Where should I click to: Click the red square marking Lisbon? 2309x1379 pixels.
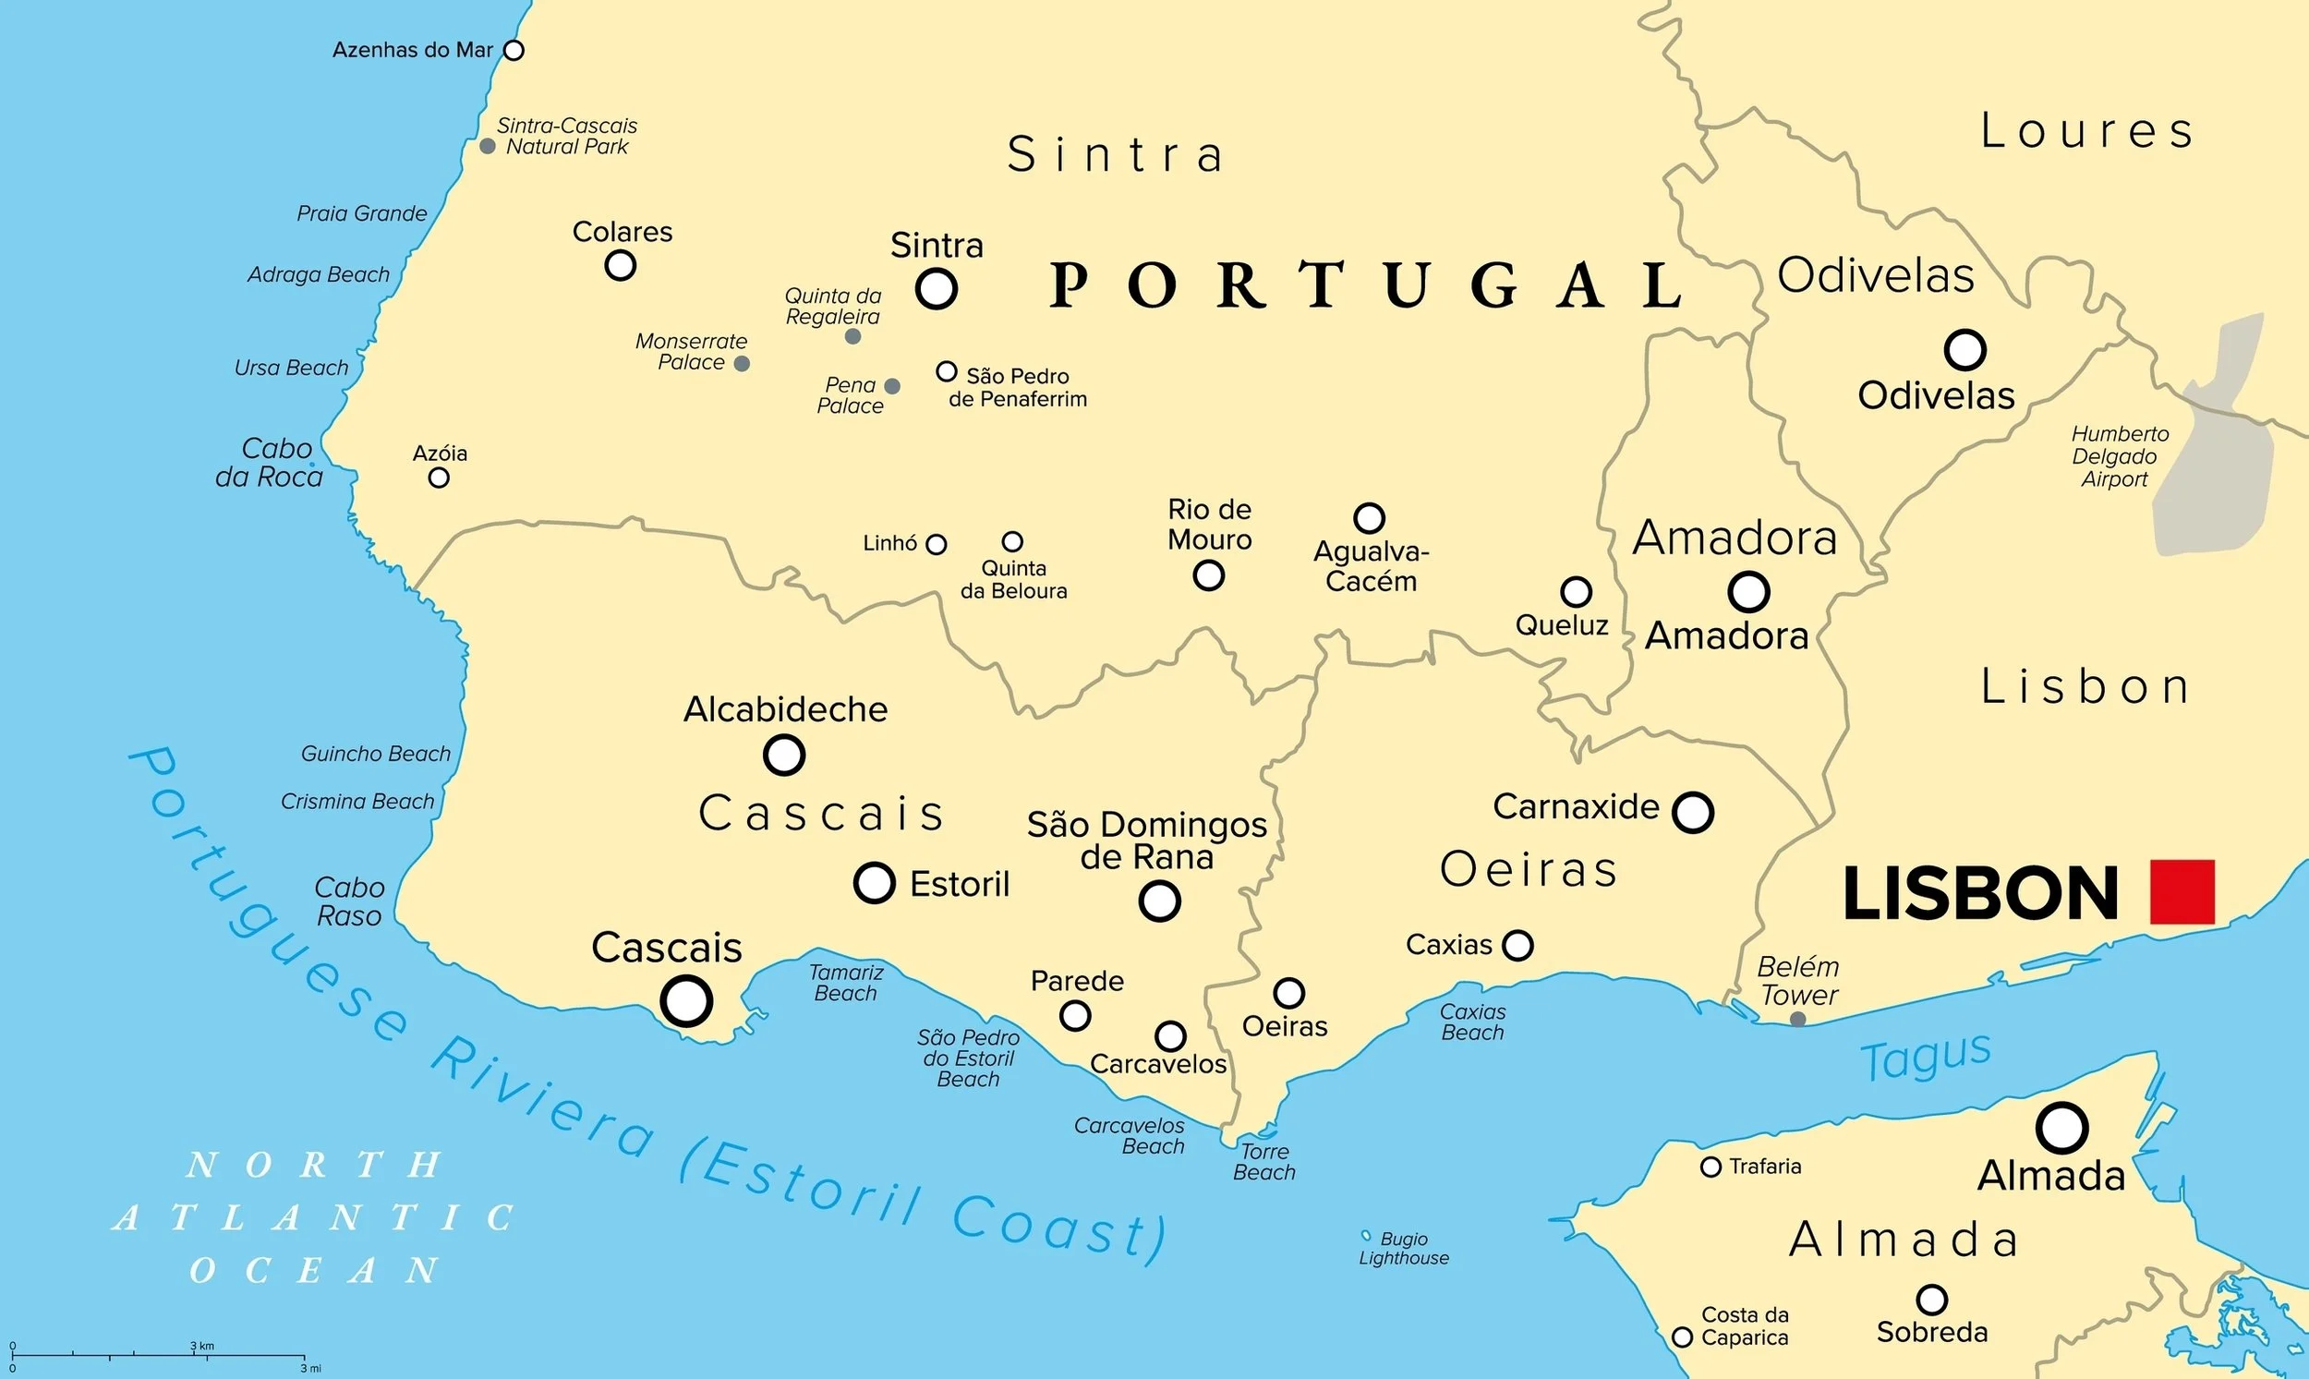(x=2182, y=892)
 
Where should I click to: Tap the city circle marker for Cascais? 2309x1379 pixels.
(x=686, y=1001)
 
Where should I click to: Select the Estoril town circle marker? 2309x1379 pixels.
(x=875, y=882)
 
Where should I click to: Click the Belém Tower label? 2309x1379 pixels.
(x=1798, y=981)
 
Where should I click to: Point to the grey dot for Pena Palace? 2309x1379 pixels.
(x=892, y=386)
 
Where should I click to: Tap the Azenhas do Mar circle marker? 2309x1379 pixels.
(x=514, y=50)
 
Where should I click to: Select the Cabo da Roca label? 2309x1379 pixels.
(x=271, y=462)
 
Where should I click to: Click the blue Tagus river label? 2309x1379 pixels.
(x=1926, y=1058)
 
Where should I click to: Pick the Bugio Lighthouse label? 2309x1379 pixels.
(x=1404, y=1248)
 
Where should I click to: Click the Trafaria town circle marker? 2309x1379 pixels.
(x=1711, y=1167)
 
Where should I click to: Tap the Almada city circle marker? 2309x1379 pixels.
(x=2061, y=1128)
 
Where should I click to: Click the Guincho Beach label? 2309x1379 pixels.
(x=375, y=754)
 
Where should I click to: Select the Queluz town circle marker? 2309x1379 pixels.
(x=1576, y=591)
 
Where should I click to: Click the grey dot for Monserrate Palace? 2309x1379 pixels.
(x=742, y=363)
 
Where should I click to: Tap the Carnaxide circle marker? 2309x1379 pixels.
(x=1693, y=811)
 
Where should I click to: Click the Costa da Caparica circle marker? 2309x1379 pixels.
(x=1682, y=1337)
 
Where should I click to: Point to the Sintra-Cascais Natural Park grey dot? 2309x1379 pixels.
(x=487, y=146)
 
